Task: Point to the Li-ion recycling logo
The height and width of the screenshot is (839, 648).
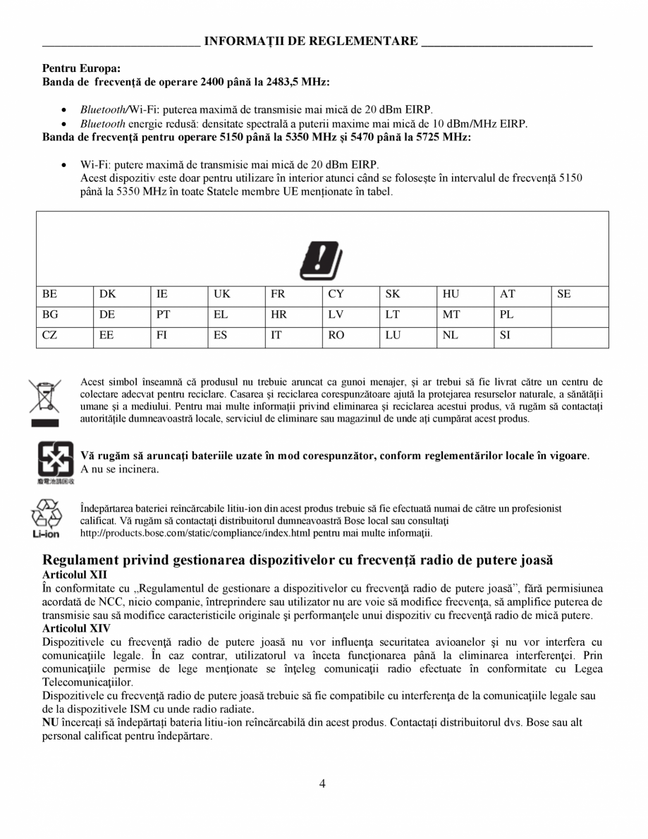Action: tap(45, 518)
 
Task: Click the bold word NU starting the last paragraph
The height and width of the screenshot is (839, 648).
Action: tap(49, 723)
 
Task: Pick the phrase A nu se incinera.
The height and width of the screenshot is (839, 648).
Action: tap(119, 469)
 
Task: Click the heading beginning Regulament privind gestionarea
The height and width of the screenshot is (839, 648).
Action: tap(298, 560)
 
